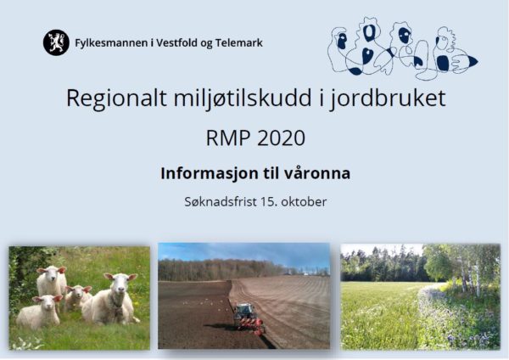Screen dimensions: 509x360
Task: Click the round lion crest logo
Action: point(56,42)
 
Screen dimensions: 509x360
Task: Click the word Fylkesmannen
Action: point(111,43)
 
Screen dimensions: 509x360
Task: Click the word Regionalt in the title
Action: point(117,98)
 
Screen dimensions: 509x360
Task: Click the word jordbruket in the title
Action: point(388,98)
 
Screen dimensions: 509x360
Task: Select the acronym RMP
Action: point(228,138)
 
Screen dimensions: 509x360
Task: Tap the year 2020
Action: point(281,138)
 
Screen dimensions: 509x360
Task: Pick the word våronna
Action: point(317,173)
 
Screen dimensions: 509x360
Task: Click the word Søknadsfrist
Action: point(221,202)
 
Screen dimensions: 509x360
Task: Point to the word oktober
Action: point(304,202)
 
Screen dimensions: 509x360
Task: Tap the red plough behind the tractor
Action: point(253,326)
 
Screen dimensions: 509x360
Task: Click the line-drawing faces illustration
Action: point(402,48)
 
